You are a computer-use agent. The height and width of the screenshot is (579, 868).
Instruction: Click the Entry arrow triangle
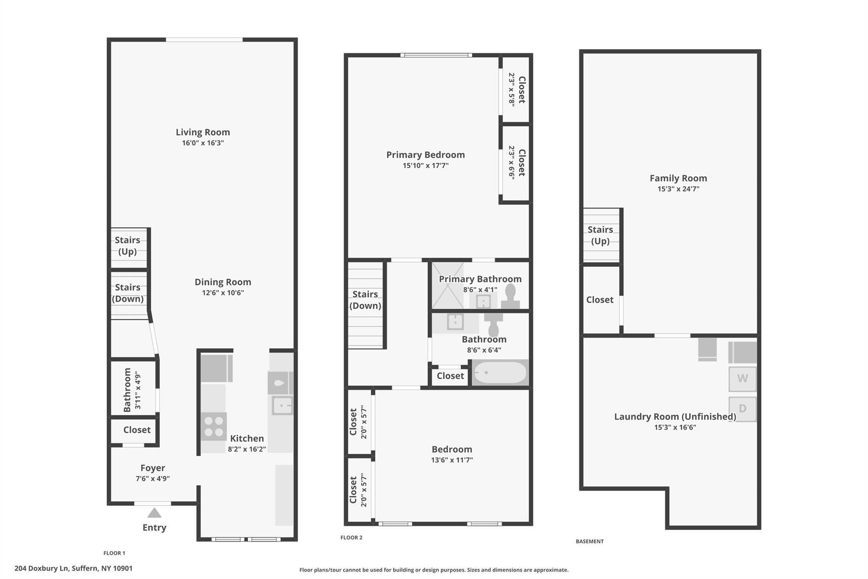coord(154,513)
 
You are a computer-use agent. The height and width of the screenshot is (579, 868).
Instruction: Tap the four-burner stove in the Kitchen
coord(214,426)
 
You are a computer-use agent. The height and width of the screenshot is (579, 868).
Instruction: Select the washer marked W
coord(743,379)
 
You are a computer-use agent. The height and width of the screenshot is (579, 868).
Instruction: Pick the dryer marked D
coord(743,409)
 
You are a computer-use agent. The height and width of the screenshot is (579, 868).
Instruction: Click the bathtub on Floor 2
coord(500,372)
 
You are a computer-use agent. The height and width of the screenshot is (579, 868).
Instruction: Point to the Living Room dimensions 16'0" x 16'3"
coord(203,143)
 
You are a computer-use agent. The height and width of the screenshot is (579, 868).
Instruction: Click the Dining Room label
coord(223,282)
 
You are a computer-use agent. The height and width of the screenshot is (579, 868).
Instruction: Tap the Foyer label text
coord(153,468)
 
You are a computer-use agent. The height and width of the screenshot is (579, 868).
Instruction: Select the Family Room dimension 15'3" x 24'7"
coord(678,189)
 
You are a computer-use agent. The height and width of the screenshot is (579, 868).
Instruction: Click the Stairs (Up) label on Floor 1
coord(128,246)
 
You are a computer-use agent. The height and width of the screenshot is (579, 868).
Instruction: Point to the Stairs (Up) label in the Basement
coord(600,235)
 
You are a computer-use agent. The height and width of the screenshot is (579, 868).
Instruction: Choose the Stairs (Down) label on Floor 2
coord(365,300)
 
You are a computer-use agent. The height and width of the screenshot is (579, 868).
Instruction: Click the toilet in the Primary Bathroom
coord(510,296)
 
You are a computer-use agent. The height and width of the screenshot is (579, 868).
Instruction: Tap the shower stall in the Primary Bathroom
coord(448,285)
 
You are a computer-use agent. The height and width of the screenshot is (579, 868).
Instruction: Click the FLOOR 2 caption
coord(351,537)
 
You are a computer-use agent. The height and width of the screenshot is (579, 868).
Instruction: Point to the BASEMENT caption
coord(590,541)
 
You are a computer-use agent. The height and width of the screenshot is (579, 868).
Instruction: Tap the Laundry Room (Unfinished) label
coord(675,417)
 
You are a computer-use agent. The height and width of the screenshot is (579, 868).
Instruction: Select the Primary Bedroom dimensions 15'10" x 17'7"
coord(426,165)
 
